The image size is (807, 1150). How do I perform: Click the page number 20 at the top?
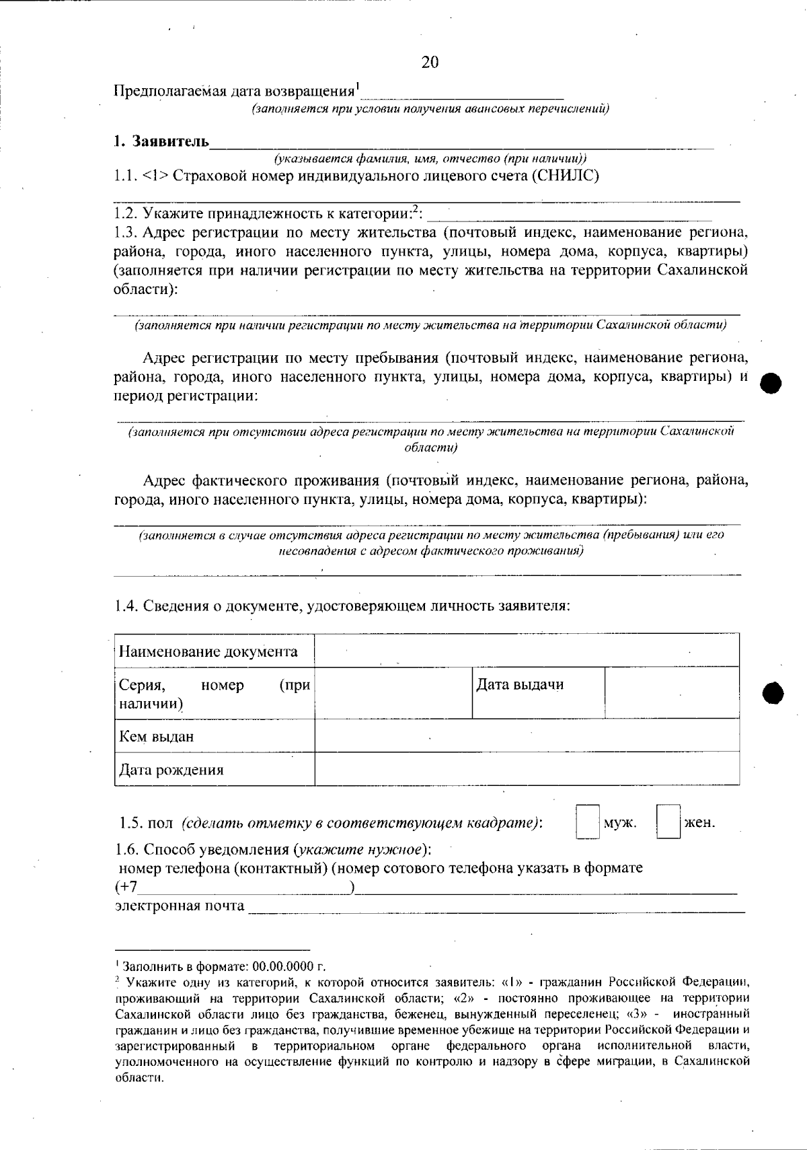(x=430, y=63)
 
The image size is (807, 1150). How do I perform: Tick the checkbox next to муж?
(x=587, y=822)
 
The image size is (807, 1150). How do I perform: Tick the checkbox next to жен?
(x=668, y=822)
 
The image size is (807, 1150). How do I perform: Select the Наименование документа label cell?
(x=208, y=651)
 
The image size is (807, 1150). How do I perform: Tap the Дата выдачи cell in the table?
(x=520, y=685)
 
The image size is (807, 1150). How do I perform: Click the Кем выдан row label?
(x=157, y=736)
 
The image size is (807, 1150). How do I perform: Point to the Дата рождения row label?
(x=171, y=770)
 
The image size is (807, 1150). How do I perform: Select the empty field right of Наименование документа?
(x=527, y=650)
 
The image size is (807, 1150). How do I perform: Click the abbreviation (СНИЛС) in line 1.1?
(x=569, y=176)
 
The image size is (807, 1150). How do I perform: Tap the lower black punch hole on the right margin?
(x=774, y=692)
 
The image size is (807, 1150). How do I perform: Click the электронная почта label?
(x=180, y=906)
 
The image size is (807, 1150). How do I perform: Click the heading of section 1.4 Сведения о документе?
(x=342, y=605)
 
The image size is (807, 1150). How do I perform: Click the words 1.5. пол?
(x=146, y=823)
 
